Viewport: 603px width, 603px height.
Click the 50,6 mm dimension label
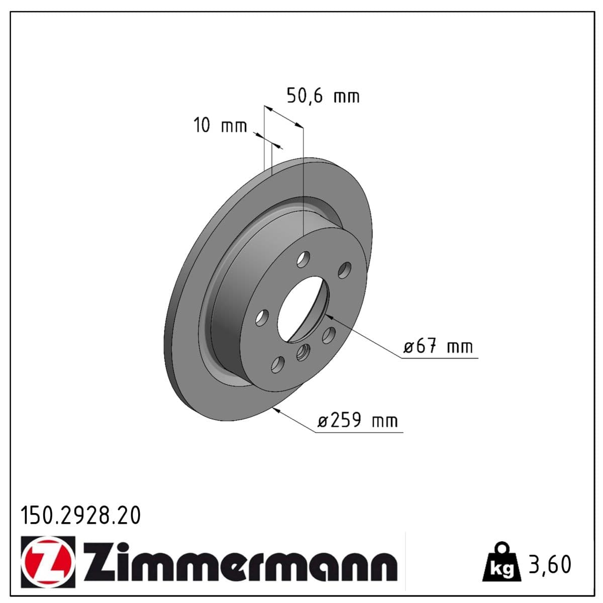(x=323, y=95)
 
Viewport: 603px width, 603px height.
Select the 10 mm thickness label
(x=220, y=126)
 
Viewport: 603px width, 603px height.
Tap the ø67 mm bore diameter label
(x=438, y=347)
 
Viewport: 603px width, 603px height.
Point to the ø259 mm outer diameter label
(x=357, y=420)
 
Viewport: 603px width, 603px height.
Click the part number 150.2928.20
(x=80, y=516)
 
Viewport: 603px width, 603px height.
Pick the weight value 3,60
(x=550, y=564)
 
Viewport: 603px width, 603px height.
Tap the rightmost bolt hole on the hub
(x=344, y=270)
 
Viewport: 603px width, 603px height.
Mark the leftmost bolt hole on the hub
(x=262, y=317)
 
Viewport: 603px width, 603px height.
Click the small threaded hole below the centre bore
(x=303, y=353)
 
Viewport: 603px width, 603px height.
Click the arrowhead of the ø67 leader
(x=328, y=316)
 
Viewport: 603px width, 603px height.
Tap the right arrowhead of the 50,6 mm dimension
(x=300, y=125)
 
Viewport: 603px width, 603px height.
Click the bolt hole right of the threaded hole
(x=329, y=335)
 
